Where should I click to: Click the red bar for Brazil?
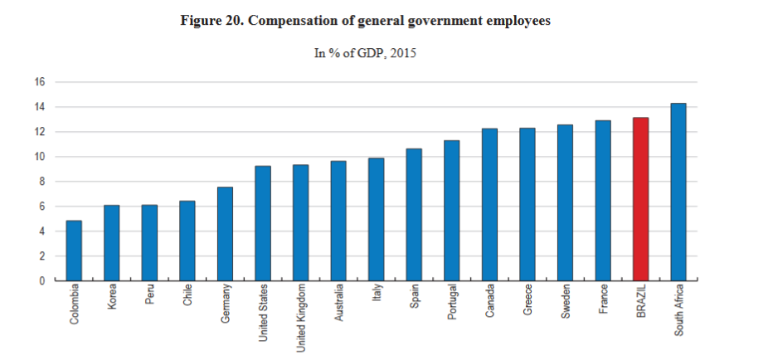tap(640, 199)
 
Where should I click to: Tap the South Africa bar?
tap(678, 192)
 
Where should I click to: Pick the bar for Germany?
tap(225, 234)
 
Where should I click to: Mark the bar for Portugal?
tap(451, 211)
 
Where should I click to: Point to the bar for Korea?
tap(112, 243)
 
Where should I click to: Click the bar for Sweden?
tap(565, 202)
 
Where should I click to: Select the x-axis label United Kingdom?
tap(301, 319)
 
